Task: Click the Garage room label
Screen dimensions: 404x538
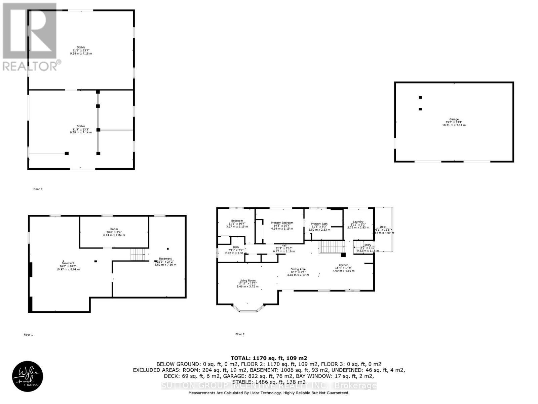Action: tap(454, 119)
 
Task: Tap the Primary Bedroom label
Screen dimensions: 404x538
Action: tap(282, 223)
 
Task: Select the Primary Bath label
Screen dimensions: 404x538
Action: tap(319, 224)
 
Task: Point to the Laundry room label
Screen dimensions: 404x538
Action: tap(358, 222)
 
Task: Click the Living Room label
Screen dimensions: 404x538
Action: tap(247, 280)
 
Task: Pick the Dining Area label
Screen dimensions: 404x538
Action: tap(298, 269)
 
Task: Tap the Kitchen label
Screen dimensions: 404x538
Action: tap(343, 265)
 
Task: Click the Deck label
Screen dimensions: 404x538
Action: tap(383, 227)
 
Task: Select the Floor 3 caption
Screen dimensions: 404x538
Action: tap(38, 189)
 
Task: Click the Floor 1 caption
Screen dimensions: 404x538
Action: tap(28, 335)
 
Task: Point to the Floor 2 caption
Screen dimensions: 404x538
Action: tap(240, 334)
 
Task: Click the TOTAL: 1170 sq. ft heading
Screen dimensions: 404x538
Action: tap(269, 358)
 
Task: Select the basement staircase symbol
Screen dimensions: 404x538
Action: tap(137, 254)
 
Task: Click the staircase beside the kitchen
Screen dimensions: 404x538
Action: tap(332, 247)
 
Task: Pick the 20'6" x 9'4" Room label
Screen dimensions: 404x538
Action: tap(114, 229)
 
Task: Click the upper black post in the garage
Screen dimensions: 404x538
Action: tap(420, 98)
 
